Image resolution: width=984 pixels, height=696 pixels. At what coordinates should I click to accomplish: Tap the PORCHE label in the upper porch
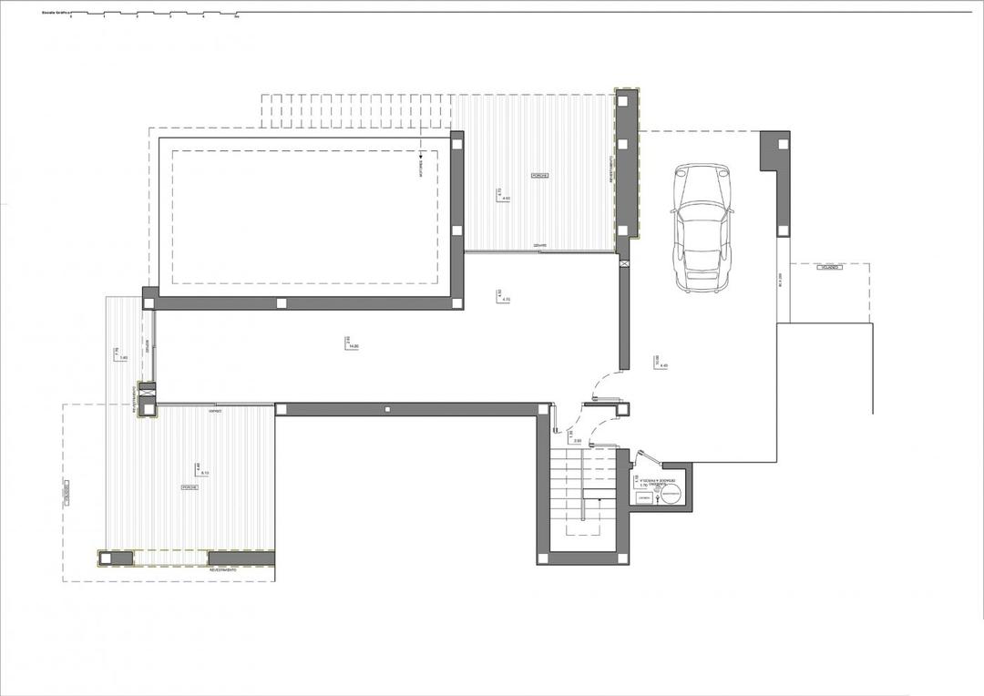click(539, 175)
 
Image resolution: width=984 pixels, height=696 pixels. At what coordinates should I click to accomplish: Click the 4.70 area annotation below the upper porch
click(507, 299)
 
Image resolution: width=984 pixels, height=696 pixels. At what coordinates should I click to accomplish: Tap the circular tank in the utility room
click(671, 495)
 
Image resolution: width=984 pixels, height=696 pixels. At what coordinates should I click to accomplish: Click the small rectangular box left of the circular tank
click(644, 497)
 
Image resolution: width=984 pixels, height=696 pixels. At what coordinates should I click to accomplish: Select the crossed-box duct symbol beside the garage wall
click(623, 263)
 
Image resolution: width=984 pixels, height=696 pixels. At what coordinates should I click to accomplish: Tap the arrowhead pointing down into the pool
click(422, 156)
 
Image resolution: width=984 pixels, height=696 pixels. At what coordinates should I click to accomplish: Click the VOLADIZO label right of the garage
click(829, 269)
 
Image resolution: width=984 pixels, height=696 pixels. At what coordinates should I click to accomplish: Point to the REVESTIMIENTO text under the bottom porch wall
click(222, 570)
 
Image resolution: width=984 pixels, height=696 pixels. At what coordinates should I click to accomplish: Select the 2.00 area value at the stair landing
click(578, 440)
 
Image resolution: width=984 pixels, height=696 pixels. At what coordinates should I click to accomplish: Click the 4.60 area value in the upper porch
click(507, 198)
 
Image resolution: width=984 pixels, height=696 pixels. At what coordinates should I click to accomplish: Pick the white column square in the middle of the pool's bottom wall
click(282, 303)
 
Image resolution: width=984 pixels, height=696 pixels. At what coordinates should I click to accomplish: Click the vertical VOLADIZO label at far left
click(67, 493)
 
